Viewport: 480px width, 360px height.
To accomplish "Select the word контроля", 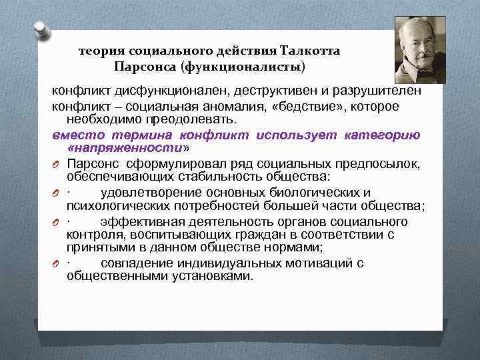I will click(x=91, y=235).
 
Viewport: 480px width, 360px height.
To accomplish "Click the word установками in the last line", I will click(x=211, y=276).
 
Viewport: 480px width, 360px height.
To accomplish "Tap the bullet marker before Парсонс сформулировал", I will click(x=58, y=165).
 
